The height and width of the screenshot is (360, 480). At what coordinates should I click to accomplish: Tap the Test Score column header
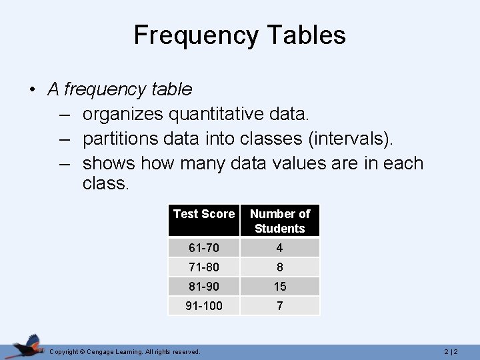204,214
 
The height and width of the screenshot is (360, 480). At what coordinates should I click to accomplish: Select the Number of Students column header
280,221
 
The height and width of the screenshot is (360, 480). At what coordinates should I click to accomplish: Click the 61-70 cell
204,248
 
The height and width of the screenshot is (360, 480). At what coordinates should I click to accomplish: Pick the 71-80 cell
204,267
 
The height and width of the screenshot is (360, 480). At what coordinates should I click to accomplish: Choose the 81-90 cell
204,287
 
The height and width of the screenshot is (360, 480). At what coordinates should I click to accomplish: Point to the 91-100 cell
204,306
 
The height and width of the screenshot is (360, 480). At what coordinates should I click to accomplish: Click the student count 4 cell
280,248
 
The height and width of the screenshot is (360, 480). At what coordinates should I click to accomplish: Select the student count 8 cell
280,267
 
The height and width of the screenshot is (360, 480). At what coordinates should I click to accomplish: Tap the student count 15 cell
280,287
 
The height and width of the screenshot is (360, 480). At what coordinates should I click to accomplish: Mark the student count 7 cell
280,306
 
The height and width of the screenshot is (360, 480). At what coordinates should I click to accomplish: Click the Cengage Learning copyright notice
125,351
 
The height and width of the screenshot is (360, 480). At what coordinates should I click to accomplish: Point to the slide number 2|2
451,351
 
